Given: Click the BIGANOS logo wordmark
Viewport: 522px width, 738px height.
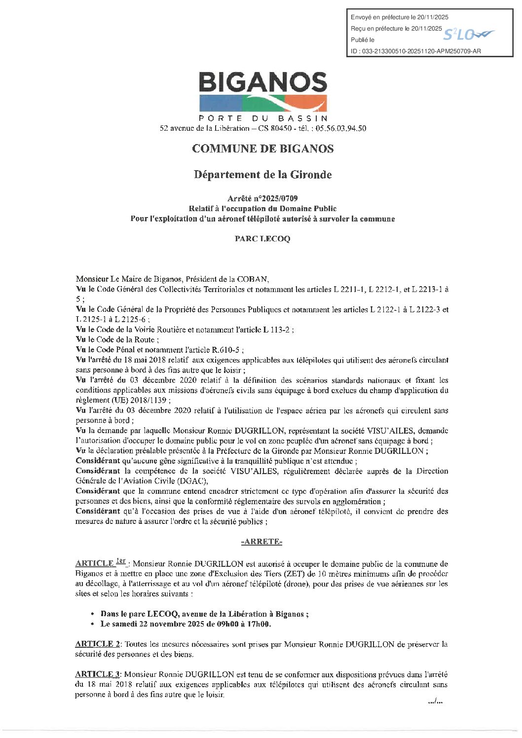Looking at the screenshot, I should tap(262, 83).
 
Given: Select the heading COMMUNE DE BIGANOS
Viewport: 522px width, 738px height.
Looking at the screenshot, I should tap(262, 148).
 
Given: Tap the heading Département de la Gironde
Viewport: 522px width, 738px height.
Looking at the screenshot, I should tap(262, 175).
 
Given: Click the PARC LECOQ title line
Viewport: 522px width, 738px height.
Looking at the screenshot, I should tap(262, 239).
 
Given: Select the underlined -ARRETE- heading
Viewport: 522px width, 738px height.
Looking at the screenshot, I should tap(261, 542).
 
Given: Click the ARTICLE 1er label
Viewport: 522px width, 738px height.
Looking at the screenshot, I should tap(101, 563).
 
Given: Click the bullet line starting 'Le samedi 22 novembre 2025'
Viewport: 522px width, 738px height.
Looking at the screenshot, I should tap(186, 624).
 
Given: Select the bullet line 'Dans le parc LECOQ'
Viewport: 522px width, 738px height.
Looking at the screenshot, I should tap(204, 614).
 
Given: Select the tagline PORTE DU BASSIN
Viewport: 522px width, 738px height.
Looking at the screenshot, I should tap(262, 118).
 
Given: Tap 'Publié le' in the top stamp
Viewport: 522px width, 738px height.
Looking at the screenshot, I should tap(363, 40).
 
